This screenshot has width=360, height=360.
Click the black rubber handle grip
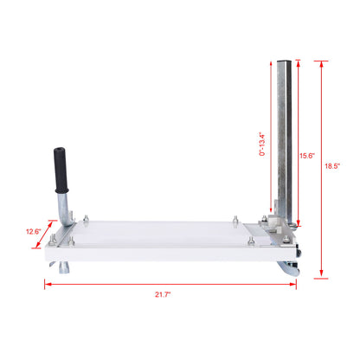point(60,170)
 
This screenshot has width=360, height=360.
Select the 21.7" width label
point(162,294)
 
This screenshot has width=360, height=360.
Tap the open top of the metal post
point(286,62)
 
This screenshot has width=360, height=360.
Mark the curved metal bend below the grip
point(61,208)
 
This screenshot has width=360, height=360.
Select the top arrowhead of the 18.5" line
point(322,63)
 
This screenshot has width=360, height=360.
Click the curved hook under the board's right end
point(289,269)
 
